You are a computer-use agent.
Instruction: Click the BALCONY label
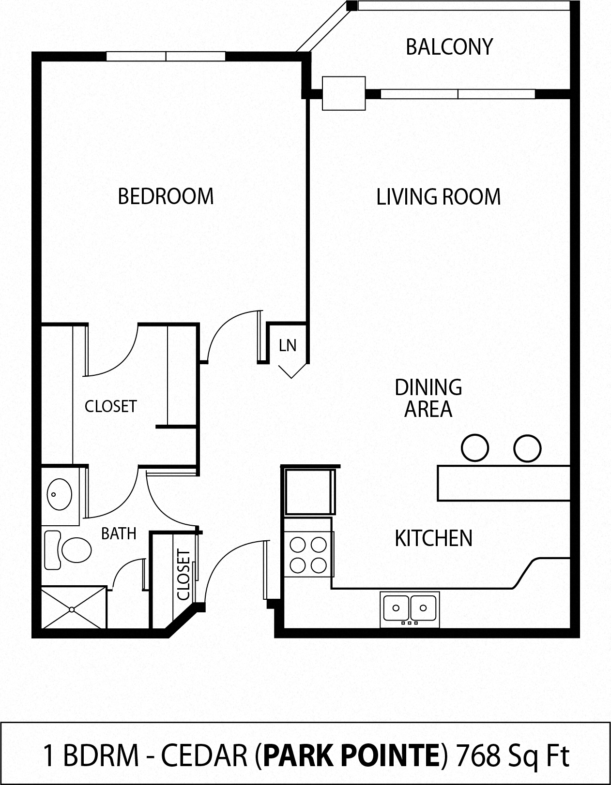[449, 47]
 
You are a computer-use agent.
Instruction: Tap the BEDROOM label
[166, 196]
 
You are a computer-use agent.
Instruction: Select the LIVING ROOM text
[438, 197]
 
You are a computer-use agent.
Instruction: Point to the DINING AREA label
[428, 398]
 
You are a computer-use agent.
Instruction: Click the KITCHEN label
[433, 538]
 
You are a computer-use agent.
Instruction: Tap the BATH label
[119, 533]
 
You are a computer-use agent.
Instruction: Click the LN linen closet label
[288, 345]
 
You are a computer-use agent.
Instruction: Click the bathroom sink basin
[59, 495]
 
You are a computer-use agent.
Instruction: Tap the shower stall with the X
[73, 607]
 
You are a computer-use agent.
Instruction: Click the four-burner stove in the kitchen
[308, 554]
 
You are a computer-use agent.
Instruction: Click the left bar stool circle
[474, 448]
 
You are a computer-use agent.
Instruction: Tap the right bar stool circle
[527, 448]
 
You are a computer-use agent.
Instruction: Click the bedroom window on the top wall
[166, 56]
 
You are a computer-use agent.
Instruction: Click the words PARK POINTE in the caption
[352, 755]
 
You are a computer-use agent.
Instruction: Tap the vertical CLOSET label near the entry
[183, 574]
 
